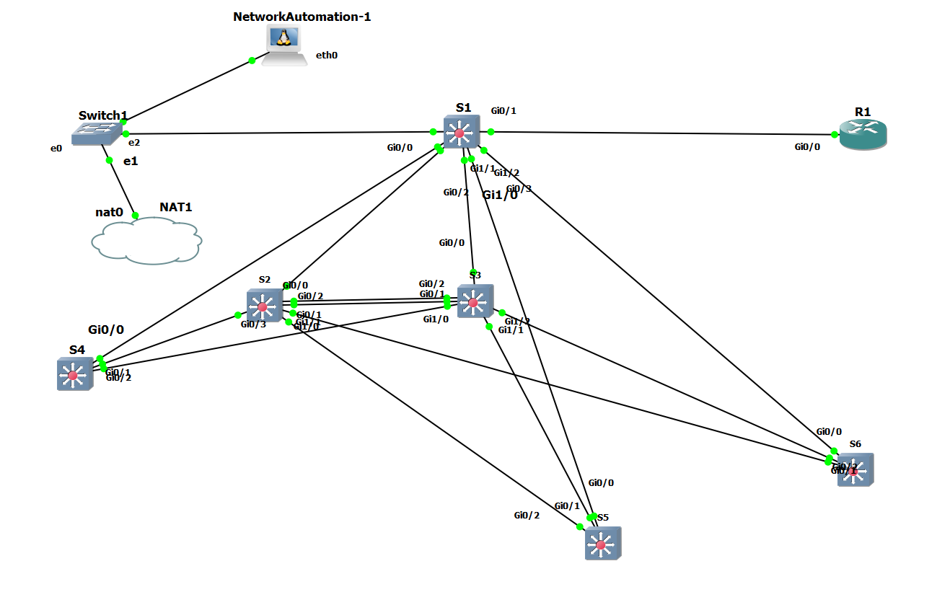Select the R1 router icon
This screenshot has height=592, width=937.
[863, 135]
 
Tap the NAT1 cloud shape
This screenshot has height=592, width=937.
[146, 242]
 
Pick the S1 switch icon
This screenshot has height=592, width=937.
[460, 133]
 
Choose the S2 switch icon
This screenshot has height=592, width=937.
[263, 306]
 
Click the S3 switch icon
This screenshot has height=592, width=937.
[475, 302]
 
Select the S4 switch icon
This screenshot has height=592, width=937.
[74, 374]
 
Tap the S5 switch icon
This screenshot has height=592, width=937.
[602, 544]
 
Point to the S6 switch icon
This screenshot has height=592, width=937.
[855, 469]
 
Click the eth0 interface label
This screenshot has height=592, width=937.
[327, 55]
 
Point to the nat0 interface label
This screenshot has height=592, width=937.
[110, 213]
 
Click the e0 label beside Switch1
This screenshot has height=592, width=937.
[56, 148]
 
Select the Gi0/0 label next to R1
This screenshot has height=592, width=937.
[807, 147]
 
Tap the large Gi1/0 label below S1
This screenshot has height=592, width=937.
[500, 195]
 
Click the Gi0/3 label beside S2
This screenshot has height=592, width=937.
[253, 324]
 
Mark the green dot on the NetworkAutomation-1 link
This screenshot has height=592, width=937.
[252, 61]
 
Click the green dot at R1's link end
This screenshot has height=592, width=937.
[835, 135]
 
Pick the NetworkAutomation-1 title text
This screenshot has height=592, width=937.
[302, 17]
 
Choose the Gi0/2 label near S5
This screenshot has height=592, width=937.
[527, 515]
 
